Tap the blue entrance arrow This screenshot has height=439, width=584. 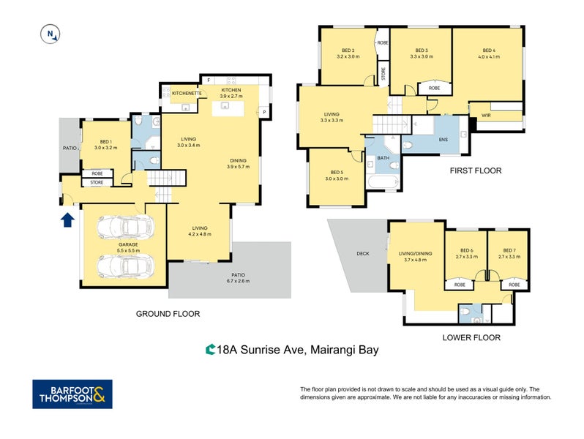click(x=67, y=219)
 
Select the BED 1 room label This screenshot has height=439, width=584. click(x=106, y=144)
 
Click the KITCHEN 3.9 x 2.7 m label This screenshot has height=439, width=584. click(x=231, y=93)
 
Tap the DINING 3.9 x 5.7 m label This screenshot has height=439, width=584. click(x=238, y=163)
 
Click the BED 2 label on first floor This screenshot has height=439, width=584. click(x=348, y=53)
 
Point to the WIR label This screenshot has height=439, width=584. click(x=485, y=115)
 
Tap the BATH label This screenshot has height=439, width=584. click(x=384, y=157)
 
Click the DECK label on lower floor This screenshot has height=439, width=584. click(x=363, y=254)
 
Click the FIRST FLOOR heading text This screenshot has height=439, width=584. click(x=476, y=170)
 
